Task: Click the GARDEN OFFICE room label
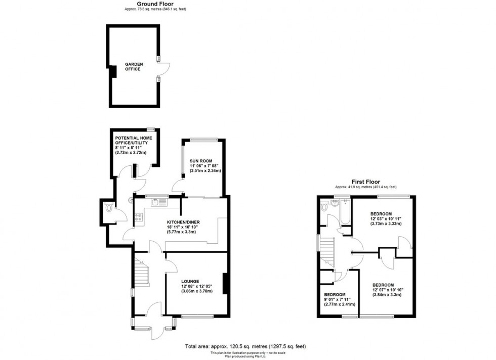[134, 66]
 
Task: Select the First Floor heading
[366, 182]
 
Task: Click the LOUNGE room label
[190, 281]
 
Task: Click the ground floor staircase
[142, 276]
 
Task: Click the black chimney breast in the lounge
[225, 283]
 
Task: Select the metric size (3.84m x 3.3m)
[388, 294]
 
